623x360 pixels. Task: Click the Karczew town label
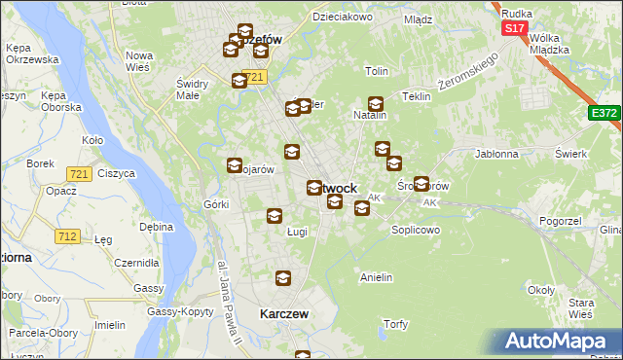coord(284,314)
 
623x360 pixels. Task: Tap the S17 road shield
coord(515,29)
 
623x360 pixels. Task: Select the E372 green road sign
coord(604,114)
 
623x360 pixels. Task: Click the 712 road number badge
coord(67,235)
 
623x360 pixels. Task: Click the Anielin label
coord(376,277)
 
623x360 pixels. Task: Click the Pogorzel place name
coord(559,223)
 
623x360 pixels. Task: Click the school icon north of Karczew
coord(282,279)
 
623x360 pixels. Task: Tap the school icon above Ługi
coord(275,216)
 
